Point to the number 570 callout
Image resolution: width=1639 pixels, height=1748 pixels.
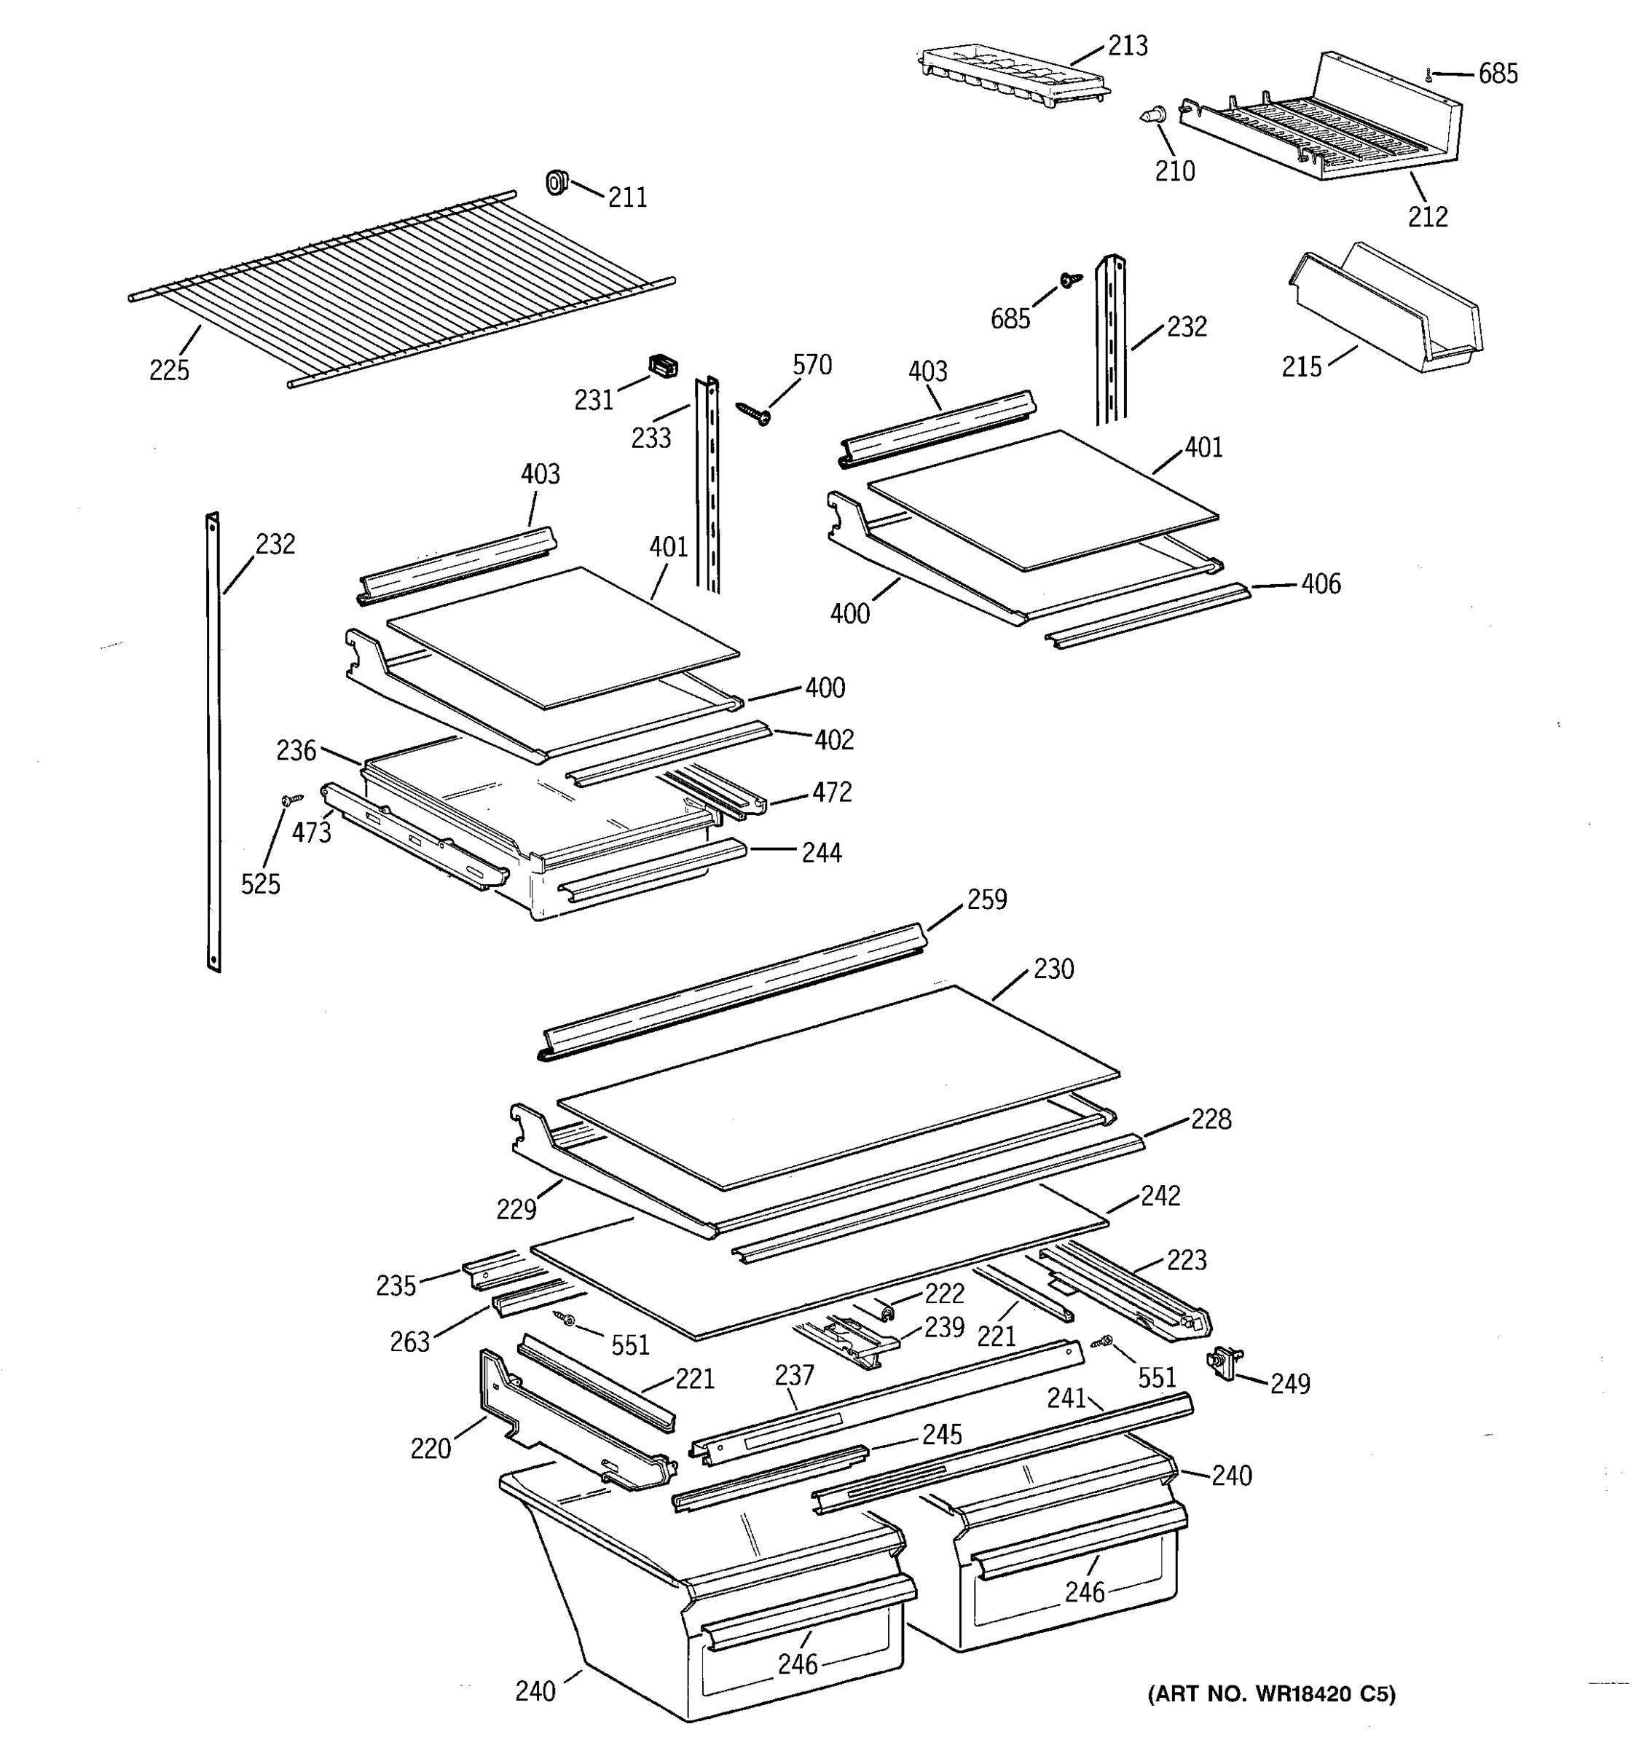(811, 364)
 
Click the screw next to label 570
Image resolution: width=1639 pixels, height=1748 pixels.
(753, 412)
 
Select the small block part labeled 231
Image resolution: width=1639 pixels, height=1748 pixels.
(663, 365)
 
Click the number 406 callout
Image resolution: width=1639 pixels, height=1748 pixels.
(1321, 584)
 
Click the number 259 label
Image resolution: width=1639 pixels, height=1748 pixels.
(986, 899)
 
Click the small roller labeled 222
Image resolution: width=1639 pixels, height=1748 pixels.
(888, 1312)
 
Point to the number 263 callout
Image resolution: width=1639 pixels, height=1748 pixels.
(409, 1342)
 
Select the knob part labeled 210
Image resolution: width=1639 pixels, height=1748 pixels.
(1155, 114)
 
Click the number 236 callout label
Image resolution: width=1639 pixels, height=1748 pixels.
(296, 750)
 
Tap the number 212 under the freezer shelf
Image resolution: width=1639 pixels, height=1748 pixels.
(1427, 216)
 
